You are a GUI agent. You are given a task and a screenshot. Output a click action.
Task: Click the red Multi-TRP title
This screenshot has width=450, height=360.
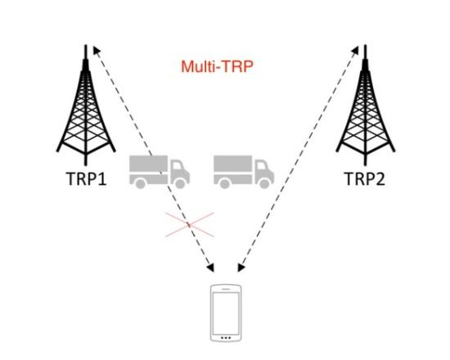click(218, 66)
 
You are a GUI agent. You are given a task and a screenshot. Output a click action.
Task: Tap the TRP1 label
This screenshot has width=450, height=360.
click(87, 178)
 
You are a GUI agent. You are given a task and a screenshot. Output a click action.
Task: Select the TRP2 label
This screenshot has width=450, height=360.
click(364, 178)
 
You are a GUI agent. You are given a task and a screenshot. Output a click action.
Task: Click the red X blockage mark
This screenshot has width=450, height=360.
click(190, 225)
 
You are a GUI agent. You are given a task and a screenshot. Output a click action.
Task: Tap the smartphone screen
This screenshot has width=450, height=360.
click(226, 313)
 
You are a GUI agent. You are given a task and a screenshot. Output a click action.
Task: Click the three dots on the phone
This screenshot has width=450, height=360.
click(226, 338)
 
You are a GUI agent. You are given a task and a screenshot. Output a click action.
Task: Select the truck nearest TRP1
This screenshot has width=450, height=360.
click(160, 172)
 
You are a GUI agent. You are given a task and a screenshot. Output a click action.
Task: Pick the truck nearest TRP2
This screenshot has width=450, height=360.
click(244, 172)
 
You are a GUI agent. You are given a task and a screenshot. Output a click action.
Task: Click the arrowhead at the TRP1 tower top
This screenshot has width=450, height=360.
click(97, 51)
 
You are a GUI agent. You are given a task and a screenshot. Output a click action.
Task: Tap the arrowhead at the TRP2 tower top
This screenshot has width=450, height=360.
click(355, 50)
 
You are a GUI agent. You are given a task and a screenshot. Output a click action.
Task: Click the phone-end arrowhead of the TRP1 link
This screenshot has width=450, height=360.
click(210, 268)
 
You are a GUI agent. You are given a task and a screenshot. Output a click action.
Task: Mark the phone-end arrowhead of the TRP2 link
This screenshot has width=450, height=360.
click(241, 268)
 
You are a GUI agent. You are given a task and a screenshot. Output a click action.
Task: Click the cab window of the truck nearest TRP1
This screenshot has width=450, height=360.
click(178, 167)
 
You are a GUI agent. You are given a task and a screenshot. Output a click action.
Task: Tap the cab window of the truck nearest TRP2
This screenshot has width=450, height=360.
click(262, 167)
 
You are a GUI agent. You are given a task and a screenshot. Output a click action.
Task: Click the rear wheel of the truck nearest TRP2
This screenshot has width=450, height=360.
click(225, 183)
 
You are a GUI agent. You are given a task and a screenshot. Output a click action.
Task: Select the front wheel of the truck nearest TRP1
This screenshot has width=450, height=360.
click(180, 183)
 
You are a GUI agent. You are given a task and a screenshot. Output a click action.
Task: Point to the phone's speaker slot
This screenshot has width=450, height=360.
click(226, 289)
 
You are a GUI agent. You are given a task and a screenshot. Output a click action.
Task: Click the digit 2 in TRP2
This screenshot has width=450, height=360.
click(380, 178)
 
